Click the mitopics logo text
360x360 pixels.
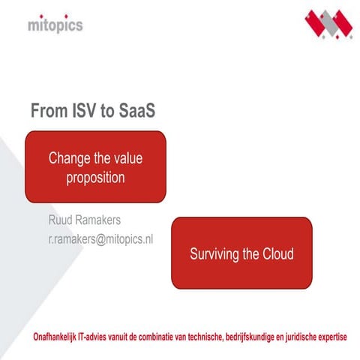pyautogui.click(x=55, y=25)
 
